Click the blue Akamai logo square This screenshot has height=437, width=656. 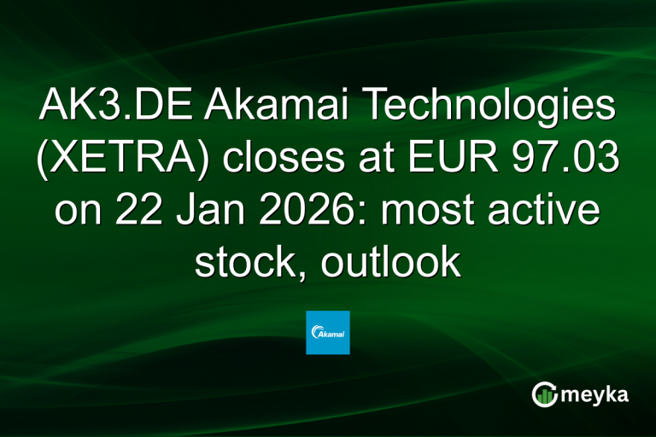[x=327, y=332]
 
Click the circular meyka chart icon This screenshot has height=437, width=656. [x=545, y=394]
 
